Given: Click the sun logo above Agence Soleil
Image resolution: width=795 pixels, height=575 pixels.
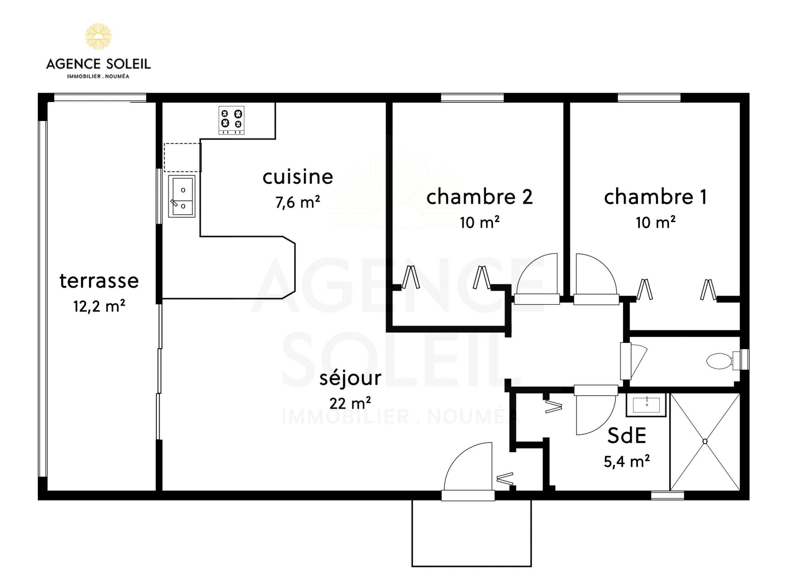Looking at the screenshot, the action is (x=98, y=36).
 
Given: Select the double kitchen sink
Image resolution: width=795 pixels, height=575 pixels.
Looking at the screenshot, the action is (x=182, y=196).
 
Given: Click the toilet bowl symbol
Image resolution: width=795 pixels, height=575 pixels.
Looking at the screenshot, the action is (x=719, y=361).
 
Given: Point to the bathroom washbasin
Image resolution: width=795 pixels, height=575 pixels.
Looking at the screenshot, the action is (x=646, y=405).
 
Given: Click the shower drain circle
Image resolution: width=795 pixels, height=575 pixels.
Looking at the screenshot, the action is (x=705, y=441).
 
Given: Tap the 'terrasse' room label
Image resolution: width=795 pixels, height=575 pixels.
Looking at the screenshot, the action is (x=99, y=281).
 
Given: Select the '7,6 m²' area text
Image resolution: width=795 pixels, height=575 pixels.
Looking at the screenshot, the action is (x=297, y=202).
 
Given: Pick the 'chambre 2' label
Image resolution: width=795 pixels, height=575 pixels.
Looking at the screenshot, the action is (x=479, y=197).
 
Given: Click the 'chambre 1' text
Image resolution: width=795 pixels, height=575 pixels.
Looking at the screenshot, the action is (x=655, y=197).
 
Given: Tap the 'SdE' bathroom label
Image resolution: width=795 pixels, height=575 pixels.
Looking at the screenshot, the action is (x=626, y=436).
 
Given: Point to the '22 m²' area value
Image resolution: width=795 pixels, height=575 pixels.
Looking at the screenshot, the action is (x=350, y=403).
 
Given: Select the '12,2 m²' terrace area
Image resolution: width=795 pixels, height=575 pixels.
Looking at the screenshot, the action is (x=99, y=306).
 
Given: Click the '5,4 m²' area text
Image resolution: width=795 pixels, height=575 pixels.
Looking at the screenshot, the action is (x=627, y=461).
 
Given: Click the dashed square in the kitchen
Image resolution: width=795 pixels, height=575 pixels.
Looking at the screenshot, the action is (x=182, y=158).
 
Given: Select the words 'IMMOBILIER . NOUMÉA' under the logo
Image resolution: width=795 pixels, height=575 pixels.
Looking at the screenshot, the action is (x=98, y=76).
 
